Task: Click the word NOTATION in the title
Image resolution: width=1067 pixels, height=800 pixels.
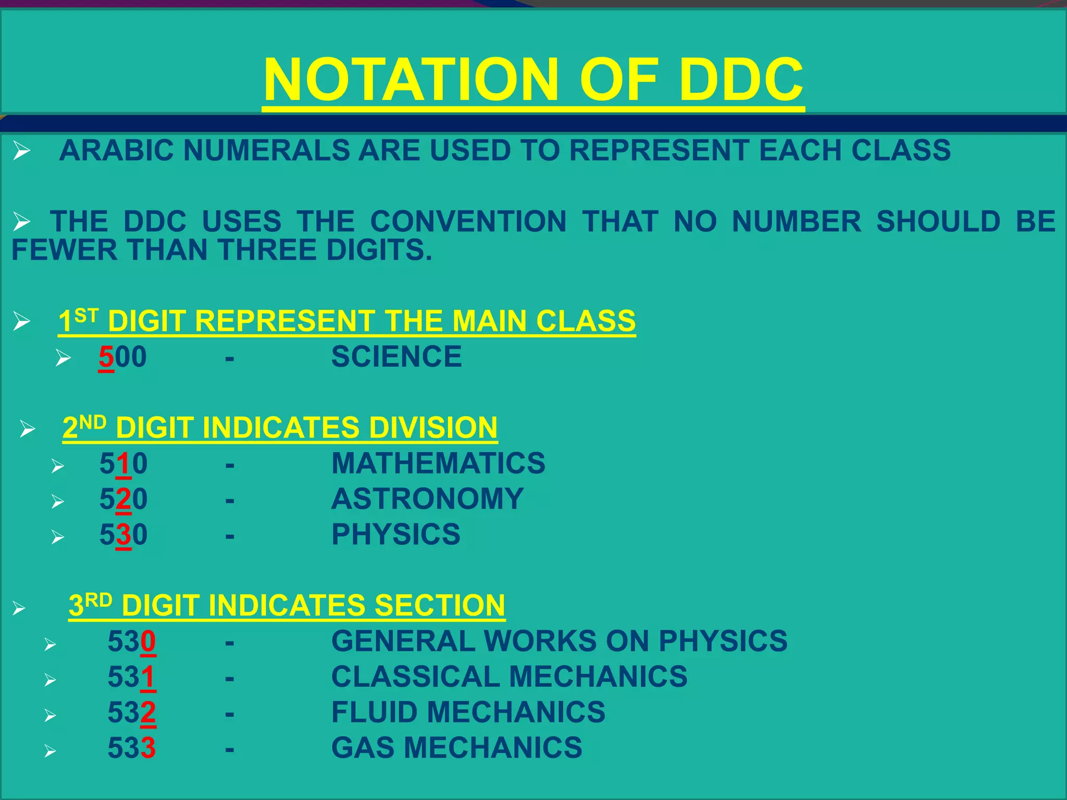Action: tap(411, 80)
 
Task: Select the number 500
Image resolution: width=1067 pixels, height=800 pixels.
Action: tap(123, 357)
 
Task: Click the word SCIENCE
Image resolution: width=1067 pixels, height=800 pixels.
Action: tap(396, 357)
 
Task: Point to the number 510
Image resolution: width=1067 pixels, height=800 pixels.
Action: tap(123, 464)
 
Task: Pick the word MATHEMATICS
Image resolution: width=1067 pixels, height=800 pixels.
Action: tap(438, 464)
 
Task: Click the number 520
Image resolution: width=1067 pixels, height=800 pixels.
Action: tap(123, 499)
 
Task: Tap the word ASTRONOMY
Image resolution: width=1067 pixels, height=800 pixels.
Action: tap(427, 499)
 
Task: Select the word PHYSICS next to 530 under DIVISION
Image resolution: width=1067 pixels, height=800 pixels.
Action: tap(396, 534)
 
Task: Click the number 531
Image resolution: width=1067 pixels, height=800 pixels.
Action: tap(132, 677)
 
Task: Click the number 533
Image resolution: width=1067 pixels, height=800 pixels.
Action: tap(132, 748)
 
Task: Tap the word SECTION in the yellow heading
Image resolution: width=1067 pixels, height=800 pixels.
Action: tap(440, 606)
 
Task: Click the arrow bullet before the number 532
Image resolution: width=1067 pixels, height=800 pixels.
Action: tap(50, 716)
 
